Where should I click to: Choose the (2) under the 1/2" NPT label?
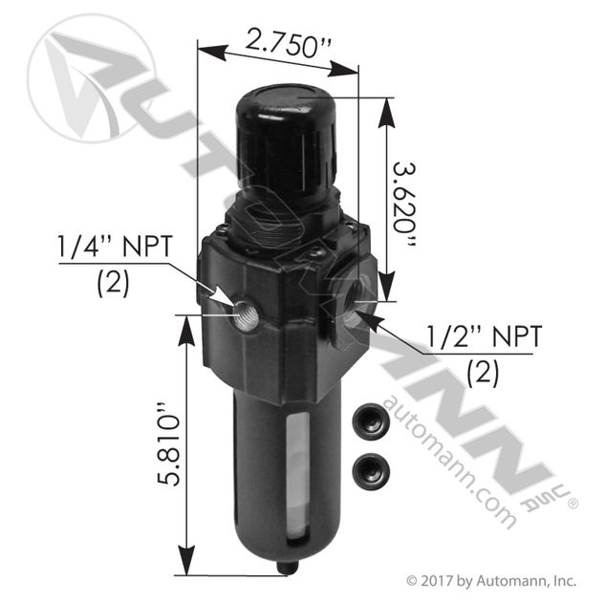483,371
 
